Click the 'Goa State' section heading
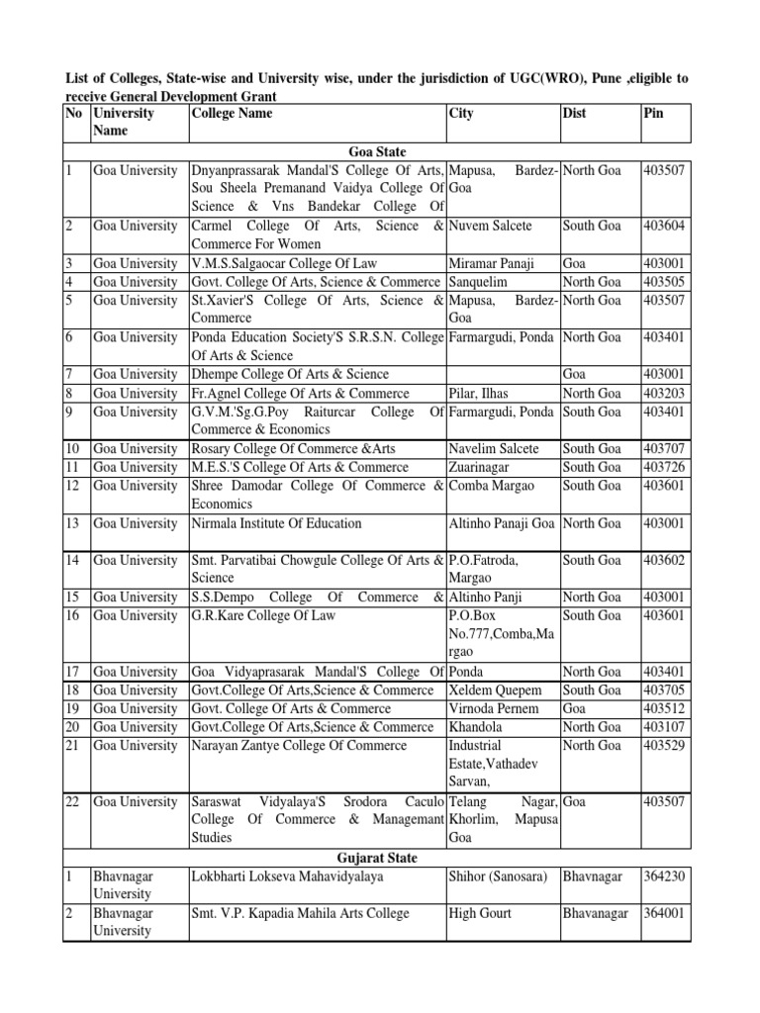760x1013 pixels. [376, 151]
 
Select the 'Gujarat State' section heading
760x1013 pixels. [376, 858]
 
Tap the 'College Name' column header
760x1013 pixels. [232, 114]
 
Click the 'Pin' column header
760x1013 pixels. [653, 114]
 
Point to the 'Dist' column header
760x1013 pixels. [574, 114]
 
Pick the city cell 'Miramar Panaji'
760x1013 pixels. [492, 263]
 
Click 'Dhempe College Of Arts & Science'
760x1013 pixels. [290, 375]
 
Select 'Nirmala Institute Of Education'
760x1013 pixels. [276, 523]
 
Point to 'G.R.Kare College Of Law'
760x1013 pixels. [263, 615]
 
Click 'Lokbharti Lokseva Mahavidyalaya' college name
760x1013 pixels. [287, 876]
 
